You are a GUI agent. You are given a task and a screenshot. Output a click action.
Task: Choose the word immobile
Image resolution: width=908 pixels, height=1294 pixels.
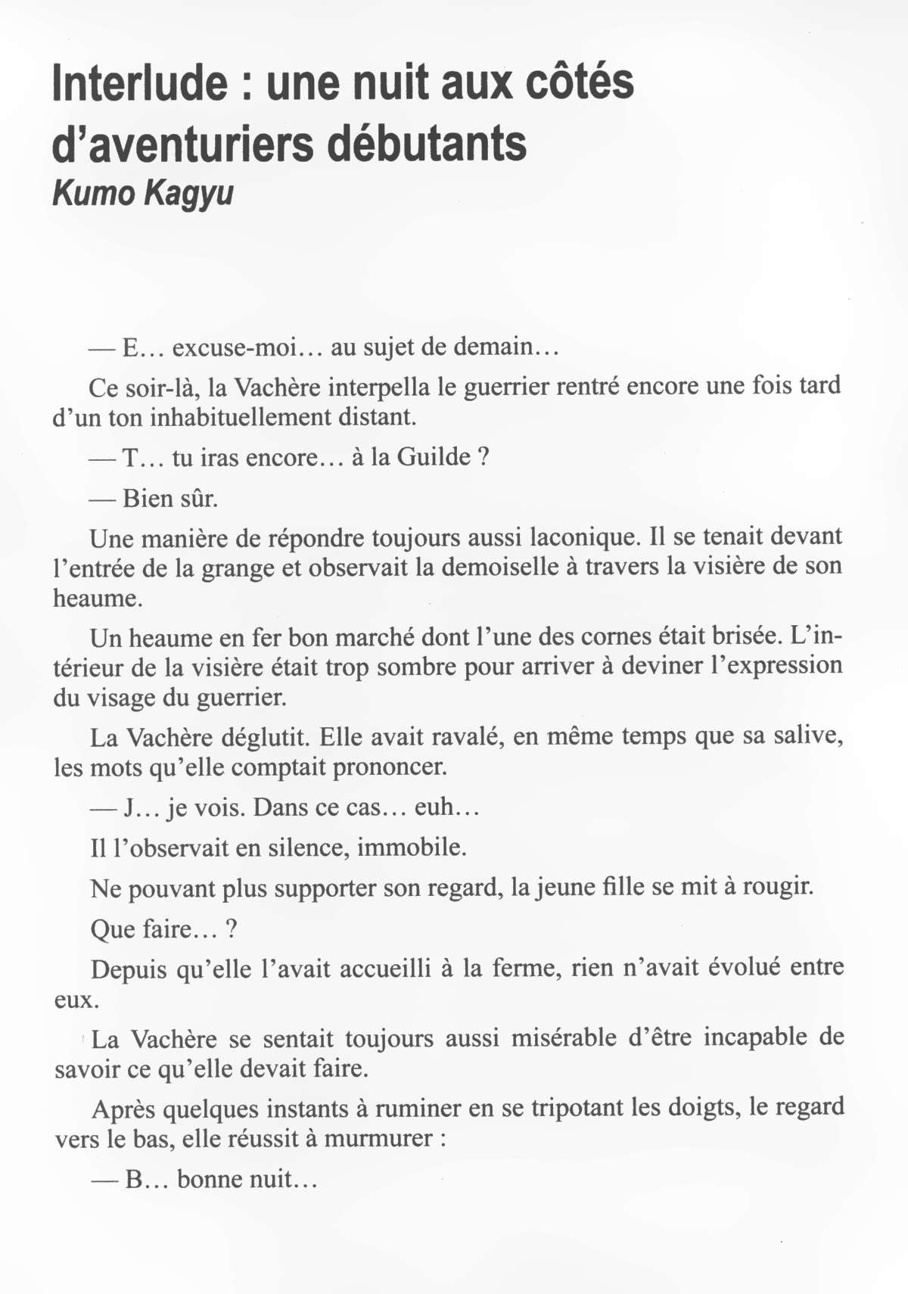tap(410, 848)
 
